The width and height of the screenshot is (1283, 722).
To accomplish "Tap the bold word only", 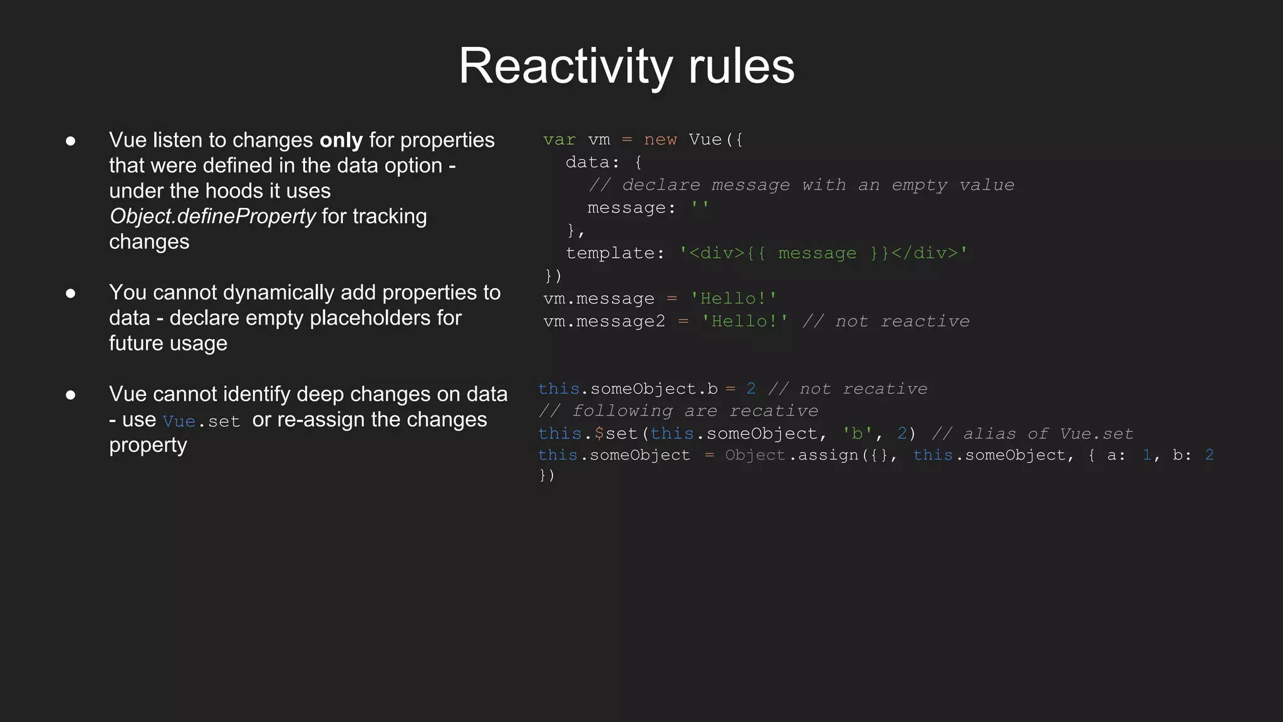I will click(x=341, y=140).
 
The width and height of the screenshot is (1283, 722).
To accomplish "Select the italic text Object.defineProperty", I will click(x=212, y=216).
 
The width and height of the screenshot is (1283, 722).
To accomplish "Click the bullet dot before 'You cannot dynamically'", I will click(x=71, y=293).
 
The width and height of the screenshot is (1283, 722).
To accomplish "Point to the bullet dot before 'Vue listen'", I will click(x=71, y=140).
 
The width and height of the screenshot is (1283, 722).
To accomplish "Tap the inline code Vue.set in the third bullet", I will click(x=201, y=421).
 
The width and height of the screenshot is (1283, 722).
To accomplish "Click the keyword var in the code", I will click(x=559, y=140).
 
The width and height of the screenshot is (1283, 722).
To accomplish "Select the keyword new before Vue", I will click(x=660, y=140).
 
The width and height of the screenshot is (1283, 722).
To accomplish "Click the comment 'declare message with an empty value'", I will click(x=801, y=185).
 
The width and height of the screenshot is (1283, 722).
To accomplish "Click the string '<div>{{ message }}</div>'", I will click(x=823, y=253).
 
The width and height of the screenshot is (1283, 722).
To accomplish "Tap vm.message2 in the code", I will click(x=604, y=322).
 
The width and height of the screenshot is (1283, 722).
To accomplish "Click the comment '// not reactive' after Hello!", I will click(x=886, y=322).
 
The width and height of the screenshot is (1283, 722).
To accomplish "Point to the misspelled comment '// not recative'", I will click(x=848, y=389).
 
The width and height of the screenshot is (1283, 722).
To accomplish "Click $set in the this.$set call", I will click(x=615, y=434).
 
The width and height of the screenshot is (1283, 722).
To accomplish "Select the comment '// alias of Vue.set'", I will click(x=1032, y=434).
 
